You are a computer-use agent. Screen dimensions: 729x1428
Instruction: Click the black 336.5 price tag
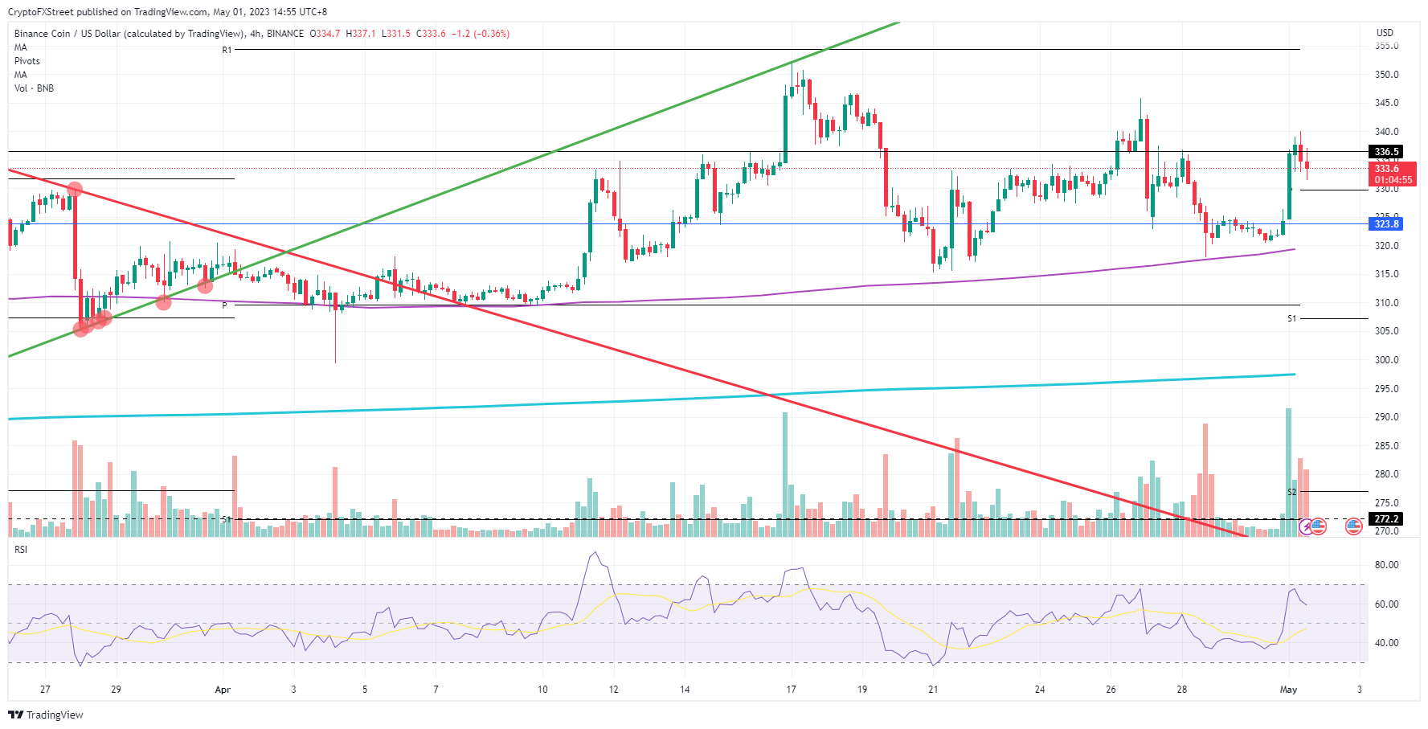point(1386,152)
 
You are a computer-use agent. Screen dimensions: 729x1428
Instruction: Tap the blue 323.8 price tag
point(1386,224)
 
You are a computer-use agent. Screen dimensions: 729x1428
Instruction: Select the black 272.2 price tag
point(1386,519)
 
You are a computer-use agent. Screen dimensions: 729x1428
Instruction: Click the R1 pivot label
point(227,50)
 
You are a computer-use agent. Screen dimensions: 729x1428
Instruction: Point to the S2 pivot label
point(1292,492)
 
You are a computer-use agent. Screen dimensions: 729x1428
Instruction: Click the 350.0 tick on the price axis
point(1386,75)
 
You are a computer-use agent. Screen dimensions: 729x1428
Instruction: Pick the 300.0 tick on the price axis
point(1386,360)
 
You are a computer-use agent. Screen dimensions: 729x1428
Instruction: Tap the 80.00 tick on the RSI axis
point(1386,565)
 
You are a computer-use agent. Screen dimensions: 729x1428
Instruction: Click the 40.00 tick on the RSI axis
point(1386,643)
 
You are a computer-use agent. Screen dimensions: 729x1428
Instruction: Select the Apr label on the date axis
point(223,690)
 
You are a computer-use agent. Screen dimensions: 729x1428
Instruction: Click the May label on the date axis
point(1288,690)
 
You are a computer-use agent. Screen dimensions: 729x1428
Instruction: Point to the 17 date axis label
point(791,690)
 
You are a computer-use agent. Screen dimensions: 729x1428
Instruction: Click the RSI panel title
point(21,550)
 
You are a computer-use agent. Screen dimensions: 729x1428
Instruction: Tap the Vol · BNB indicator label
point(34,88)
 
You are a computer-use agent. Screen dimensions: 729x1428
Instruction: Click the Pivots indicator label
point(27,61)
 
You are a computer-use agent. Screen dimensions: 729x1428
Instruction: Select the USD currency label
point(1385,33)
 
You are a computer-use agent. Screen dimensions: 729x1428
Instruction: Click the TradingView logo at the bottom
point(46,715)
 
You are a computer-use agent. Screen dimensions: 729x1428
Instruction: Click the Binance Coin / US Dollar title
point(129,34)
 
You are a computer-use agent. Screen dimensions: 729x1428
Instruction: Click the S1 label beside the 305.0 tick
point(1291,319)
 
